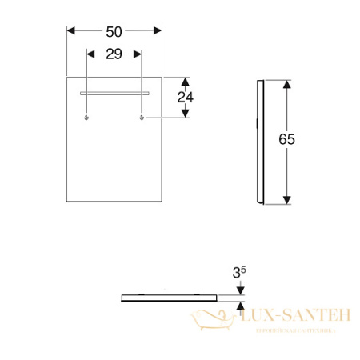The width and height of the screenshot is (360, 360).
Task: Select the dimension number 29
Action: [x=114, y=54]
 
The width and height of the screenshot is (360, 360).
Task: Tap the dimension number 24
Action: [x=186, y=98]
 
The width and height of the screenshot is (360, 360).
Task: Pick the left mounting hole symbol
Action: [x=86, y=118]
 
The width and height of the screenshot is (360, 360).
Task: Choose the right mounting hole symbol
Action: [x=142, y=118]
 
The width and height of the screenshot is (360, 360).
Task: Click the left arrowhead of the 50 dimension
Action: [x=70, y=30]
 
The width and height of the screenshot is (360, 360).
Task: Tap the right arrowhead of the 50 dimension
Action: [x=158, y=30]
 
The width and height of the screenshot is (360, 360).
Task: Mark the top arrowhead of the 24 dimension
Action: [x=186, y=82]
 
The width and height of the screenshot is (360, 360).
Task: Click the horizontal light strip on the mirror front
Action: [x=114, y=93]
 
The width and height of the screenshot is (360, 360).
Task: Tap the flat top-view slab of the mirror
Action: [x=168, y=295]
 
